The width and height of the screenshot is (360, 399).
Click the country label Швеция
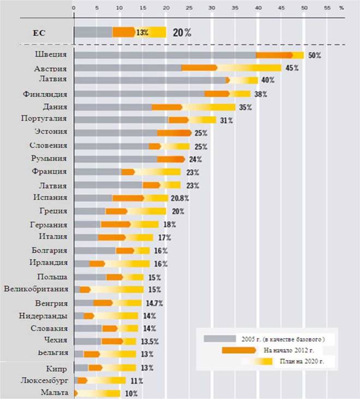click(x=51, y=55)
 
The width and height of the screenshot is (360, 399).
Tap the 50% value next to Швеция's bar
click(x=315, y=55)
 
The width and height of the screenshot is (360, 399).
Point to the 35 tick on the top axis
click(x=235, y=8)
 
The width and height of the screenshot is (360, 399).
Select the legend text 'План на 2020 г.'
click(x=302, y=361)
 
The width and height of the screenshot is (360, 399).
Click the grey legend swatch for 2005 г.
click(x=220, y=339)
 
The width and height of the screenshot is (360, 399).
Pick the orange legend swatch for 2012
click(x=239, y=350)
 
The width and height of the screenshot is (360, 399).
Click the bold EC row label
click(x=39, y=33)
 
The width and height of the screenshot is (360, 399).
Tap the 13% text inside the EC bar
click(x=142, y=33)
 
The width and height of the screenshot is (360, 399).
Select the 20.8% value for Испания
click(x=179, y=198)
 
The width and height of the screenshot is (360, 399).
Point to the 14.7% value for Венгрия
click(x=154, y=303)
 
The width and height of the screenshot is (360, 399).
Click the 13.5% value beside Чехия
click(x=150, y=342)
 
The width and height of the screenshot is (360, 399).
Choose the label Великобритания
click(x=36, y=289)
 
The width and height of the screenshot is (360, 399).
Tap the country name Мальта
click(x=55, y=392)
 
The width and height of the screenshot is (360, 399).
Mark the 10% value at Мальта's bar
click(x=131, y=394)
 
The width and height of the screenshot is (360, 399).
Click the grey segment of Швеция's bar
click(x=165, y=55)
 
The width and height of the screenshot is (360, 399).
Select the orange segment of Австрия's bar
click(x=199, y=68)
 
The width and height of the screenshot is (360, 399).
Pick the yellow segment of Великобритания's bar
click(x=117, y=290)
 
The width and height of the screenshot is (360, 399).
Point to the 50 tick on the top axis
click(x=304, y=8)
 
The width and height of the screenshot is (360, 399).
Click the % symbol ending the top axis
click(x=341, y=8)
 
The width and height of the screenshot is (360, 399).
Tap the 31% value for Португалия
click(x=226, y=121)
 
